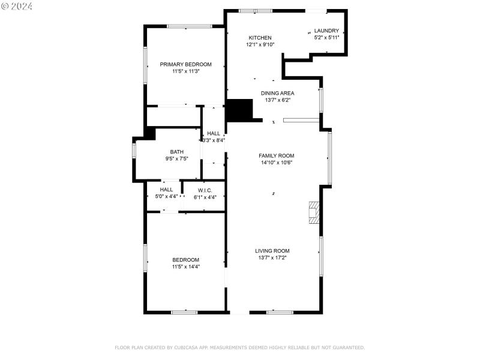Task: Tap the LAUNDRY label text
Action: (x=327, y=31)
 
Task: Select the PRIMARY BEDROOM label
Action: (x=185, y=64)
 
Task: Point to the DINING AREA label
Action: (x=277, y=93)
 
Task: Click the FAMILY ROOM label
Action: (x=277, y=155)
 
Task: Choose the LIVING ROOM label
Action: (x=272, y=251)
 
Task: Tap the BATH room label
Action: (x=176, y=152)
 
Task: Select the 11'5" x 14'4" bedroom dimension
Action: (x=185, y=266)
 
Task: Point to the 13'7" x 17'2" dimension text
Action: (x=272, y=258)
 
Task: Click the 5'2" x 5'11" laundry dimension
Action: (x=327, y=37)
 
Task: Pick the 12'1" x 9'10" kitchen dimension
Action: (x=260, y=44)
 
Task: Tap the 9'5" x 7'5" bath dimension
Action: (x=176, y=159)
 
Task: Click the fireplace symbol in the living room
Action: (x=313, y=213)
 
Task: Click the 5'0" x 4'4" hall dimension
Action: (x=166, y=197)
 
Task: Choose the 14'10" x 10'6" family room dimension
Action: (x=277, y=163)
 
